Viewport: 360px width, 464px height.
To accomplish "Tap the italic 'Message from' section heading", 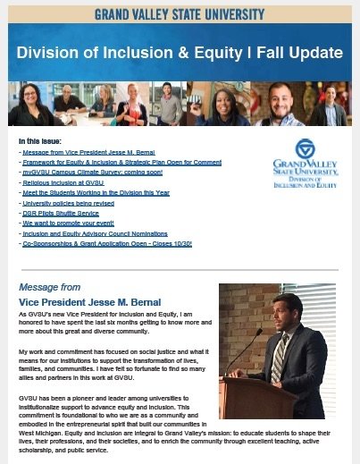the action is point(49,288).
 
